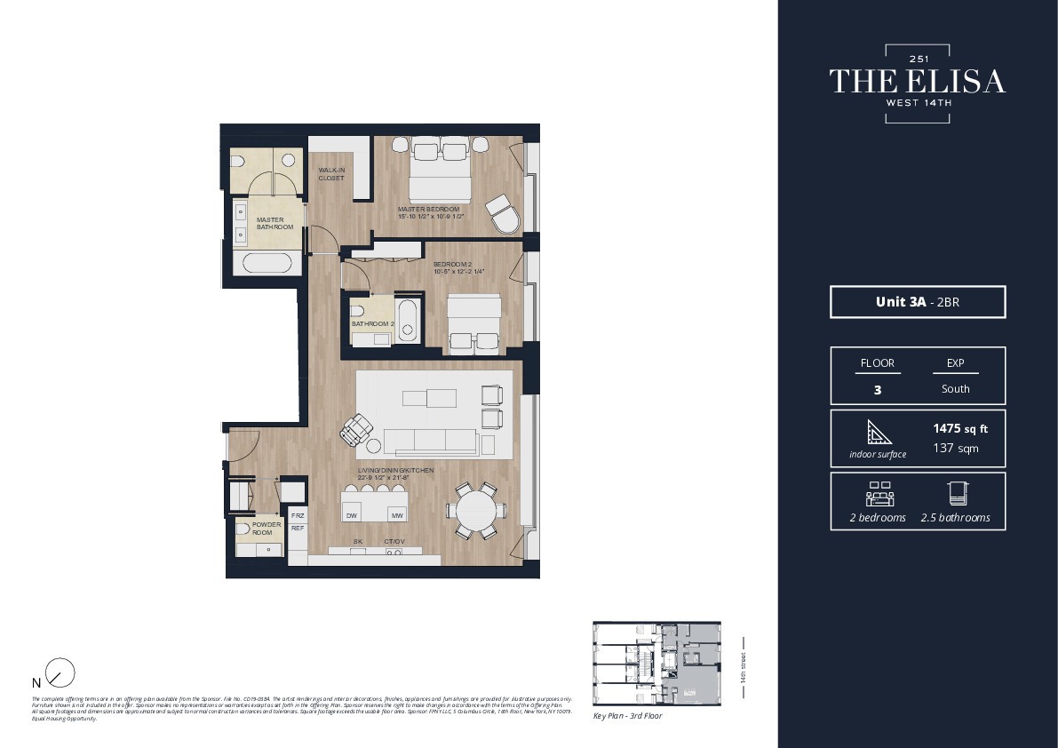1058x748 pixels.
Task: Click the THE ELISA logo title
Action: coord(918,81)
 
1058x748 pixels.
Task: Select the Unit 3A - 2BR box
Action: coord(918,302)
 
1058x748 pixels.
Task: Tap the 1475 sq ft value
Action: coord(959,429)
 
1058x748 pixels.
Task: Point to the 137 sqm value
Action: coord(955,449)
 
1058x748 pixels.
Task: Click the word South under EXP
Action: coord(955,389)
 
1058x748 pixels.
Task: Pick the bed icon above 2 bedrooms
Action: coord(879,494)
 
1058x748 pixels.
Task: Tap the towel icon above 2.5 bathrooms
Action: coord(955,494)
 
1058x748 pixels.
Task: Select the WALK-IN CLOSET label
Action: coord(331,174)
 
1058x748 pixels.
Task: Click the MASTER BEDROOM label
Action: coord(428,210)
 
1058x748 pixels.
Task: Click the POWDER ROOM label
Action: coord(266,528)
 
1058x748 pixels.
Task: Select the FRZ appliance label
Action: coord(298,515)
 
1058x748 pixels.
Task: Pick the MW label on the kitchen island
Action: coord(397,515)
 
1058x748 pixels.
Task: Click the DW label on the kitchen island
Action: coord(352,515)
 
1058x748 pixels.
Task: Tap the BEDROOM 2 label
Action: coord(451,265)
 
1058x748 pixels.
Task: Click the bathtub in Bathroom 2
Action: coord(407,321)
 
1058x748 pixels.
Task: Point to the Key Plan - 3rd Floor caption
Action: coord(627,716)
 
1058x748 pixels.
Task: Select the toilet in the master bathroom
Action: coord(237,162)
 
